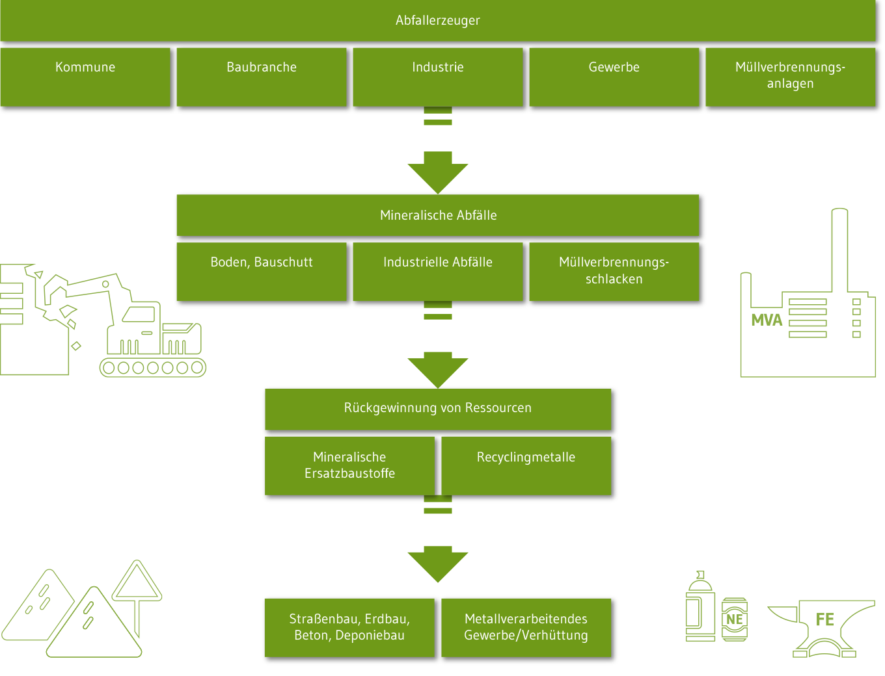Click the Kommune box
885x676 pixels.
click(x=85, y=76)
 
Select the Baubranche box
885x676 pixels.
click(x=262, y=76)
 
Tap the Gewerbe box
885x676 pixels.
click(x=614, y=76)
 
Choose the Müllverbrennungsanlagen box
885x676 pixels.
click(x=790, y=76)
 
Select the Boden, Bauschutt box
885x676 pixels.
click(x=262, y=271)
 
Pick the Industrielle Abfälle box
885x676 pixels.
click(x=437, y=271)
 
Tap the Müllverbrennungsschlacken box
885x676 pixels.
click(x=614, y=271)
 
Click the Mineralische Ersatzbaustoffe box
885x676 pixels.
click(x=349, y=465)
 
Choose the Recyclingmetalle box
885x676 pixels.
click(x=526, y=465)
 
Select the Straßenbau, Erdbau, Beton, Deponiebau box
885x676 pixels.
click(x=349, y=627)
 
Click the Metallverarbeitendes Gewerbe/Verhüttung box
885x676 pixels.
click(x=526, y=627)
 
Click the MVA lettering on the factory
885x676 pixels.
click(x=767, y=320)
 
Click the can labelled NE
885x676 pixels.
click(x=735, y=619)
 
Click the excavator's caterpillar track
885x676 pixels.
click(x=153, y=368)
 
